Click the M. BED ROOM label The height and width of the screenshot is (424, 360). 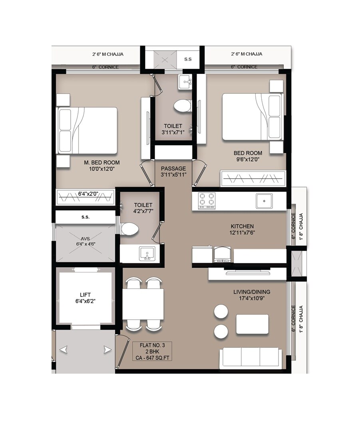click(x=101, y=166)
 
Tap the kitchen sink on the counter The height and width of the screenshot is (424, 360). click(x=264, y=201)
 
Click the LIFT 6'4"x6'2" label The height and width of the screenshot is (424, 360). click(x=85, y=298)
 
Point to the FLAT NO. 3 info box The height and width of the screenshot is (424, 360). click(x=152, y=351)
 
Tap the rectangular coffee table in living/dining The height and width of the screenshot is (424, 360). click(x=252, y=324)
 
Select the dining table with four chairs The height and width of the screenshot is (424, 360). click(x=143, y=304)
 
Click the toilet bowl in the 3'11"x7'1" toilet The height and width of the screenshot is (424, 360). click(x=182, y=106)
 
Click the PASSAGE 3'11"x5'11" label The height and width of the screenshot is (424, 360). click(x=173, y=171)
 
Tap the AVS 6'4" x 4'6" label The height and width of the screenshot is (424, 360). click(x=85, y=241)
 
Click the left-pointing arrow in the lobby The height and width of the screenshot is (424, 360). click(x=64, y=350)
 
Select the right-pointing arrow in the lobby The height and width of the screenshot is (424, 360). click(x=107, y=350)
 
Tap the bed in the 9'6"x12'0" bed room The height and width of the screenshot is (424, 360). click(x=252, y=117)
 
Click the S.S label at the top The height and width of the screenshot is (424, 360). click(x=188, y=59)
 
